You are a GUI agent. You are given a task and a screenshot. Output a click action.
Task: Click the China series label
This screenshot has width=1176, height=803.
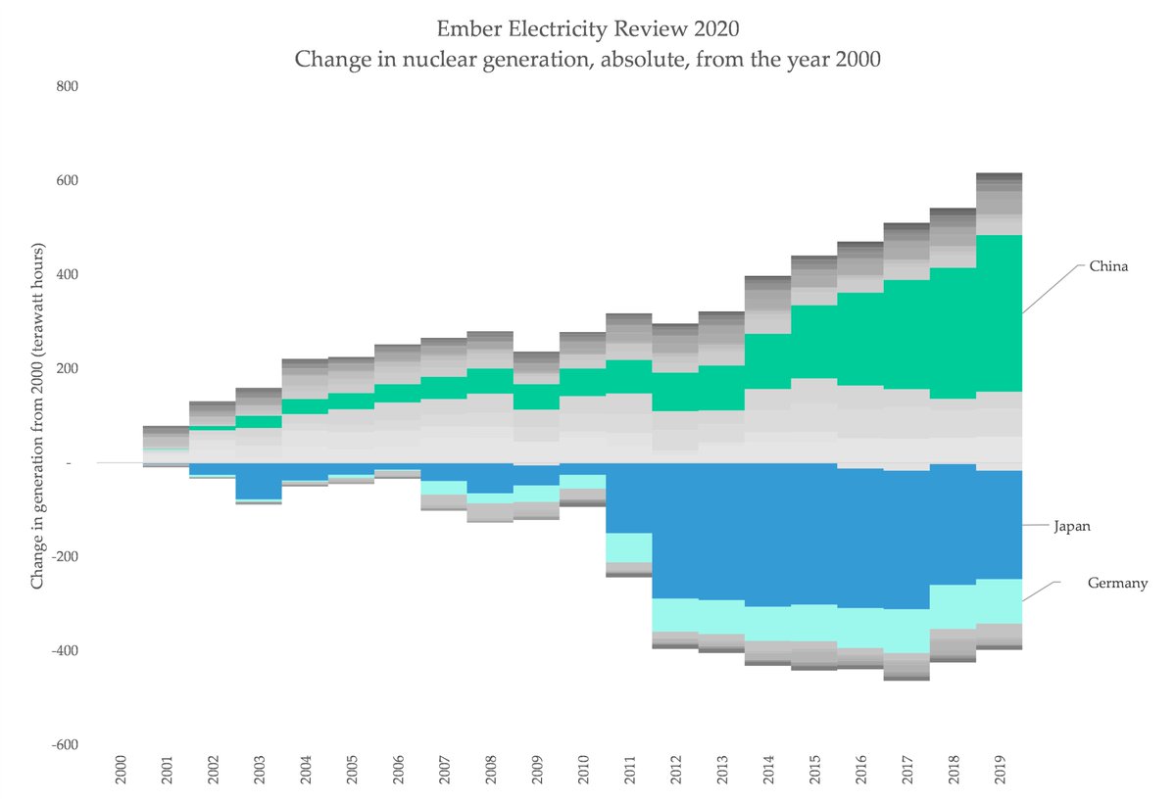(1108, 265)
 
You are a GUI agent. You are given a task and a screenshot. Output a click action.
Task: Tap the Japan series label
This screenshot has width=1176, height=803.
(1071, 526)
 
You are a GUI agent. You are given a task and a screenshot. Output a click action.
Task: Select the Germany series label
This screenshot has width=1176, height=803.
(1117, 583)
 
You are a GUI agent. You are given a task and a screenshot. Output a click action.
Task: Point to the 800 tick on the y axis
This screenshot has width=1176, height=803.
(67, 86)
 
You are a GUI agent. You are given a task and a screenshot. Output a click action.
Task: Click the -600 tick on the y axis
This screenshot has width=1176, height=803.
(65, 745)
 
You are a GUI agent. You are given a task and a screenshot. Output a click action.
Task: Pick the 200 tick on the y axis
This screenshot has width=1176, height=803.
(67, 369)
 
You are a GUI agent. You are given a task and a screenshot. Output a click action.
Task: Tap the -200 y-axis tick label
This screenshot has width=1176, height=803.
(65, 557)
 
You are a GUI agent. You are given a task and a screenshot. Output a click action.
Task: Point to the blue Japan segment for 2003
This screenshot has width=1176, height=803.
(259, 481)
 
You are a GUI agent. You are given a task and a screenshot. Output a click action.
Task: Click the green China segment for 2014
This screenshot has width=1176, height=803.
(767, 361)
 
